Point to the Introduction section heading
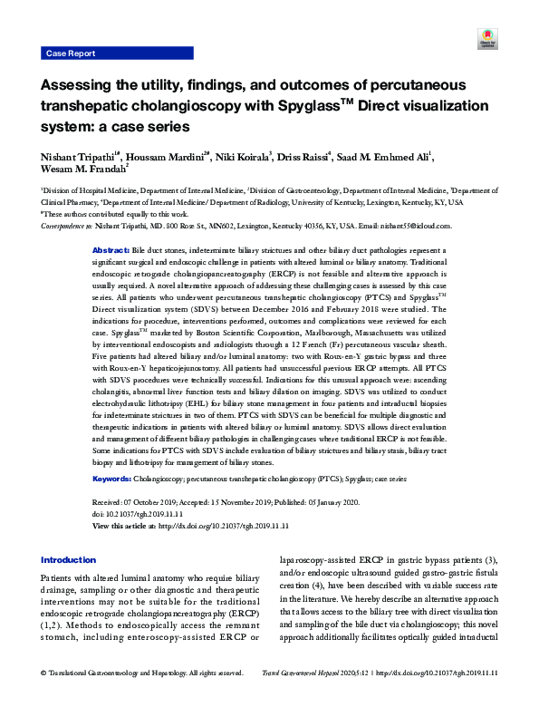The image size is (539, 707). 68,560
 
